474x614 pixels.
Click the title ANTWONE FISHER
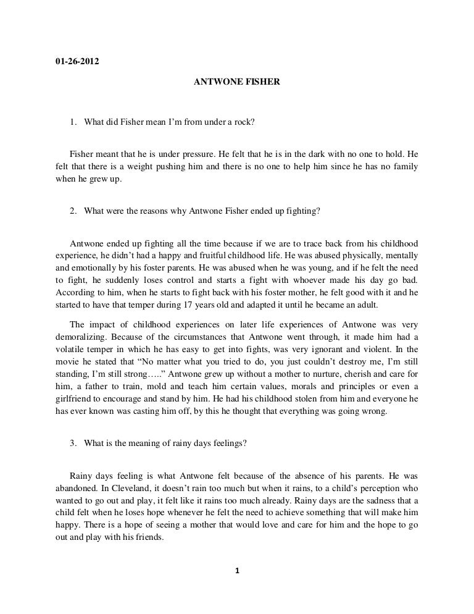238,81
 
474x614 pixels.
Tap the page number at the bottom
237,570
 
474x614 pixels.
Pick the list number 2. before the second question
73,211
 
